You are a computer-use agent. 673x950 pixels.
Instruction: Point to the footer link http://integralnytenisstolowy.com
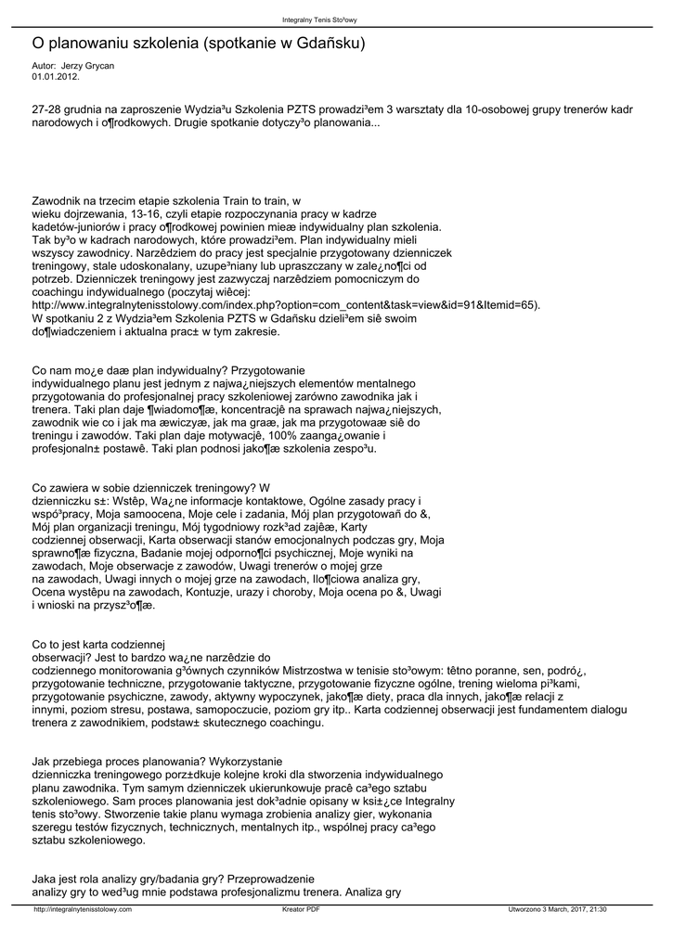(83, 909)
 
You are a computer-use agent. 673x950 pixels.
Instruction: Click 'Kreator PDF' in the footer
(301, 909)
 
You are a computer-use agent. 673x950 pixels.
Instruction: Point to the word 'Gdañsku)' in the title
(330, 44)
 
